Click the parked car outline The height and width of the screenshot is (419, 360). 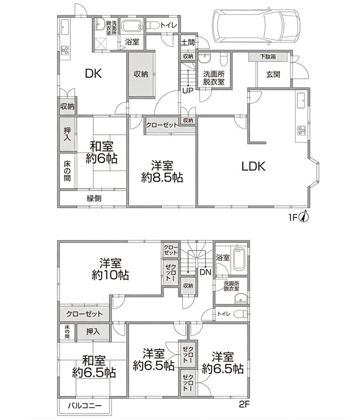coord(256,25)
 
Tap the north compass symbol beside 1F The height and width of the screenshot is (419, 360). coord(305,216)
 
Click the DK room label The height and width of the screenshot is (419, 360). coord(94,74)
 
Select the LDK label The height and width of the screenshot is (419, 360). coord(254,166)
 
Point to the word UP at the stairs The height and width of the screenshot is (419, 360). coord(188,91)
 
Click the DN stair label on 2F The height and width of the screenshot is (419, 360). coord(206,272)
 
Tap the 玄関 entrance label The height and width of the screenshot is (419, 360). coord(273,74)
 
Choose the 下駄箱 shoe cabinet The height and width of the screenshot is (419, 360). coord(268,57)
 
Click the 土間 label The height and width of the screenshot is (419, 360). coord(188,42)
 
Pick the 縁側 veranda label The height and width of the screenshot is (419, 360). coord(94,198)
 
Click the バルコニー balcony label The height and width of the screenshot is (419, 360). coord(85,406)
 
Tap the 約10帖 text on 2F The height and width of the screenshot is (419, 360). coord(110,275)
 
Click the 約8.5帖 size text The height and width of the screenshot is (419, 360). coord(162,178)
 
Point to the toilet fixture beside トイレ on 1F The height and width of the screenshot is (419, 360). coord(153,25)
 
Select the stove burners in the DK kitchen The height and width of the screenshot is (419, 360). coord(65,50)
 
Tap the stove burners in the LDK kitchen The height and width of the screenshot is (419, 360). coord(301,130)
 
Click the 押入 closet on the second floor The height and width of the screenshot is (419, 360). coord(93,332)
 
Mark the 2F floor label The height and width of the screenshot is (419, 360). coord(244,404)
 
